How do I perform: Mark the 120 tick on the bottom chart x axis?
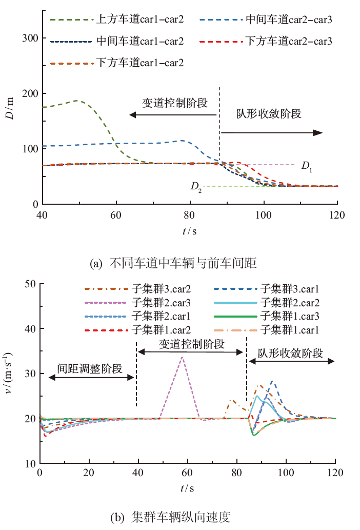[335, 474]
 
